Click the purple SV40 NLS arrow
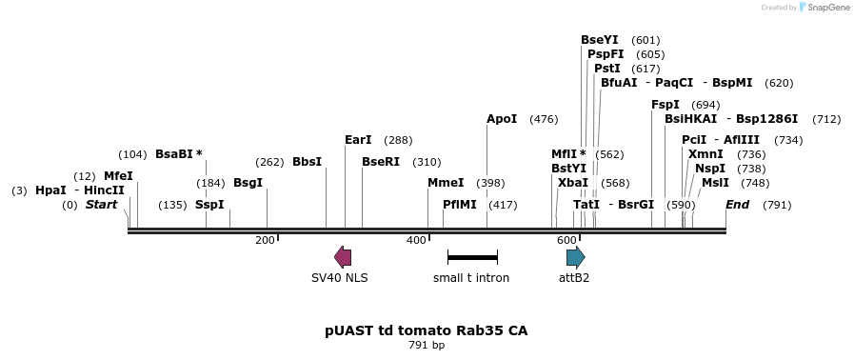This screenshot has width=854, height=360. click(x=343, y=256)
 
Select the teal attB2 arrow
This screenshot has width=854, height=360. click(x=575, y=256)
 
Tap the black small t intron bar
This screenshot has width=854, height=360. click(x=472, y=257)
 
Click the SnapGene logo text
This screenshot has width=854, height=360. click(x=824, y=8)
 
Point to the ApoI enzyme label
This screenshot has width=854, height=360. click(x=502, y=119)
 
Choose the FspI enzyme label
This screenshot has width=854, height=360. click(x=665, y=105)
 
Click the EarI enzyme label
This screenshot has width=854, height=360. click(x=358, y=140)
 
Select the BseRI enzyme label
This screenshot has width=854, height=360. click(x=381, y=162)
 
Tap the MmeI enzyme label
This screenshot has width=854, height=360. click(x=446, y=183)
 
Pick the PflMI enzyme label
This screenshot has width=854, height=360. click(x=460, y=205)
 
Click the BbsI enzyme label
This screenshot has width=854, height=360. click(x=307, y=162)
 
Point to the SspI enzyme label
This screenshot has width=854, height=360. click(x=209, y=205)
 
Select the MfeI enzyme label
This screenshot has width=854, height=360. click(x=118, y=176)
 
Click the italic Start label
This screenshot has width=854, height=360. click(x=101, y=205)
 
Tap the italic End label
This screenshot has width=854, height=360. click(x=737, y=205)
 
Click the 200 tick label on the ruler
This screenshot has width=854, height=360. click(x=265, y=240)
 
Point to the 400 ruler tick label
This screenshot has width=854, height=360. click(x=416, y=240)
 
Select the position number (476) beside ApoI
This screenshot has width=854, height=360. click(x=544, y=119)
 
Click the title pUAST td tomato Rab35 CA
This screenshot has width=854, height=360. click(x=426, y=330)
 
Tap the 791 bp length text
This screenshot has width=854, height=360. click(x=426, y=346)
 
